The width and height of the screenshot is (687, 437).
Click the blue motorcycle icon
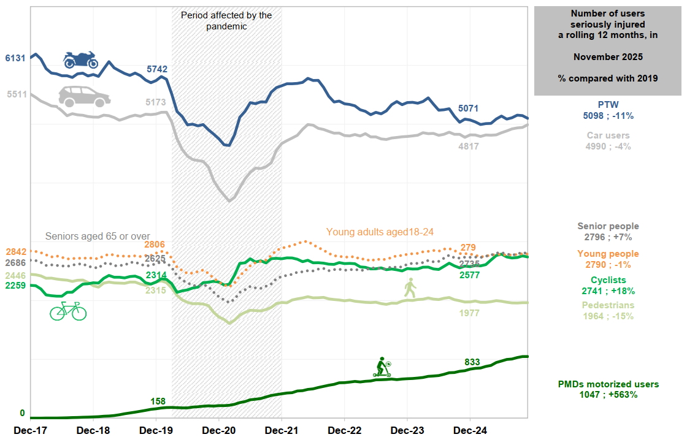[81, 59]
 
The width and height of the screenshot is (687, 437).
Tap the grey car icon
[84, 96]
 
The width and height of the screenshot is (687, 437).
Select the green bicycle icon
[68, 311]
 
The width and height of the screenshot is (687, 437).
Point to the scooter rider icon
[382, 367]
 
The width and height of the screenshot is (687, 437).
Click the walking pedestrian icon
[410, 287]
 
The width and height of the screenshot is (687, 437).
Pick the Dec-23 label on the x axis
[408, 430]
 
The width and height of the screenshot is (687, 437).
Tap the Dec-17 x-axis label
[30, 430]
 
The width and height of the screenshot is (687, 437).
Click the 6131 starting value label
[15, 58]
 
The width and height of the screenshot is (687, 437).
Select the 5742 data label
[157, 69]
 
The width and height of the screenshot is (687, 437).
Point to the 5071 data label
[469, 108]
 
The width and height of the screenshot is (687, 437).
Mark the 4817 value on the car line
[469, 146]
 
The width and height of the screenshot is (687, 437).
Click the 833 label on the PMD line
[472, 362]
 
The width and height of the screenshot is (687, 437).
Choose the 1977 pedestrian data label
[469, 313]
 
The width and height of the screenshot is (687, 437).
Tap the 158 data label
[158, 401]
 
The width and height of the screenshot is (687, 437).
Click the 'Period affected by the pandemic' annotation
[226, 20]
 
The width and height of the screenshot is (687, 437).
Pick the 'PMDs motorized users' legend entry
[608, 384]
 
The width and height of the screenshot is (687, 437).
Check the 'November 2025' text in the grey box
[608, 57]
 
